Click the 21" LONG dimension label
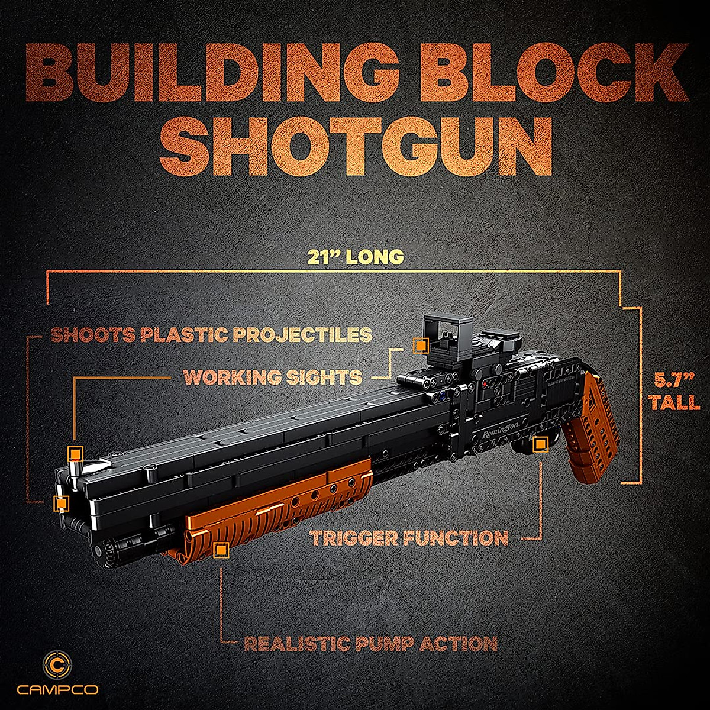point(356,257)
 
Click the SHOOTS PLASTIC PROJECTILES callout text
point(211,334)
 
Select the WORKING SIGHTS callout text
point(273,377)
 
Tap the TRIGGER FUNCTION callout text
point(409,538)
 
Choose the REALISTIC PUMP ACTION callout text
point(370,644)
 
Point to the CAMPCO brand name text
point(57,690)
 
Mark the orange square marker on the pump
point(221,550)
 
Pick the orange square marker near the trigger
point(540,444)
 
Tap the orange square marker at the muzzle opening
point(60,504)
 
